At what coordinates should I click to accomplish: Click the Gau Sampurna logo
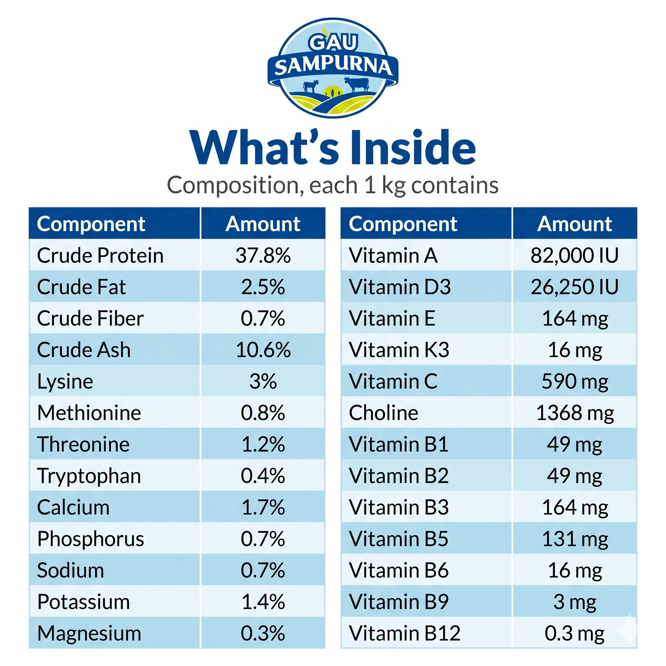coord(333,68)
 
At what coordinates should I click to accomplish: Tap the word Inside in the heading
coord(413,148)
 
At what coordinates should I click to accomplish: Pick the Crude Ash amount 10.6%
coord(263,350)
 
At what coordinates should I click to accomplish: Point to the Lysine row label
coord(65,381)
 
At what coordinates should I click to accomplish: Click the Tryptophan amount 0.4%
coord(263,476)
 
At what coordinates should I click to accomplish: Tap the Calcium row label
coord(73,507)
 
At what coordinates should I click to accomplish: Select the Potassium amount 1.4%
coord(263,602)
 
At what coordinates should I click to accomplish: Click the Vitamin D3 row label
coord(400,287)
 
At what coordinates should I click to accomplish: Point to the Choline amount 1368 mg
coord(575,413)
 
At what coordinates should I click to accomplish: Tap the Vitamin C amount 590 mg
coord(575,381)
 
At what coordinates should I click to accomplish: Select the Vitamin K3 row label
coord(399,350)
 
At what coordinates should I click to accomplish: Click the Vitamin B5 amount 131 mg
coord(575,539)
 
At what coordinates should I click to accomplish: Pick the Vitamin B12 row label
coord(405,633)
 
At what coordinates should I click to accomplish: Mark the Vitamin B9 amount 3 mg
coord(575,602)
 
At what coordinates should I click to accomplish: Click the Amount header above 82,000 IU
coord(575,224)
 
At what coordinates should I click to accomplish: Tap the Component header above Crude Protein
coord(91,224)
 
